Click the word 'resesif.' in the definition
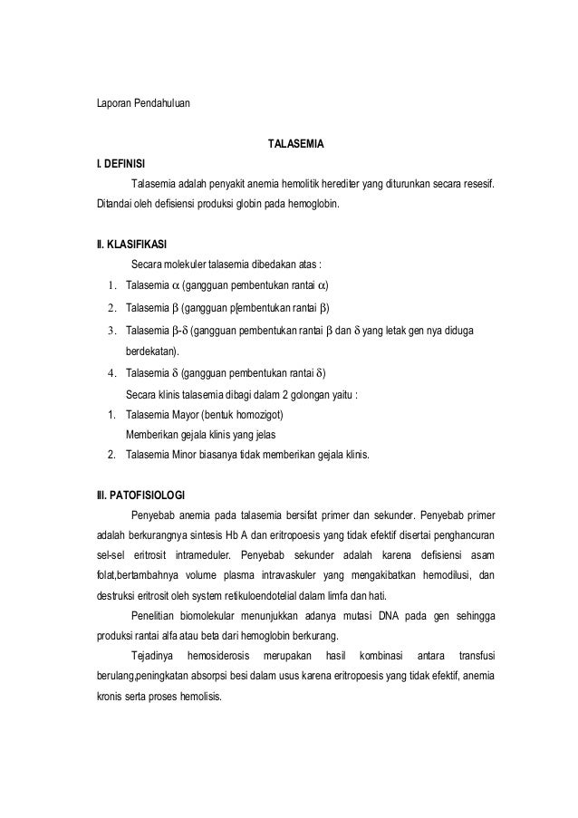(480, 186)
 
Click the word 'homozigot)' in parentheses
(261, 415)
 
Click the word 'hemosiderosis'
(220, 654)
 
